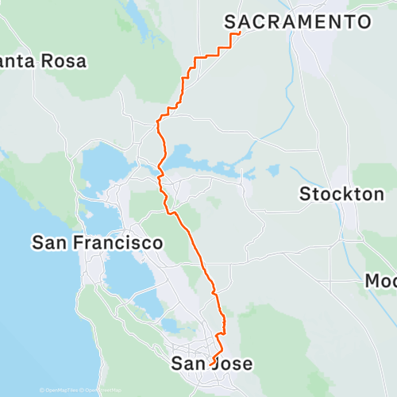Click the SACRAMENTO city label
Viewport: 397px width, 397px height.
coord(299,21)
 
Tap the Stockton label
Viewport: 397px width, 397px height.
coord(341,194)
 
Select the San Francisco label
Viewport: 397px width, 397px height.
coord(98,243)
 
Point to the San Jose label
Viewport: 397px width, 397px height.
coord(213,364)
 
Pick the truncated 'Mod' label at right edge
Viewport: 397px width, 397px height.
coord(380,281)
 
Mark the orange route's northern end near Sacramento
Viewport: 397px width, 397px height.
coord(240,33)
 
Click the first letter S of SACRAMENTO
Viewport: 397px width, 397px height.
coord(231,21)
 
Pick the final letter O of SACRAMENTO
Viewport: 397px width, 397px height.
coord(365,21)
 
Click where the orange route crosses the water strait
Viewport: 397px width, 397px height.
coord(161,168)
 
